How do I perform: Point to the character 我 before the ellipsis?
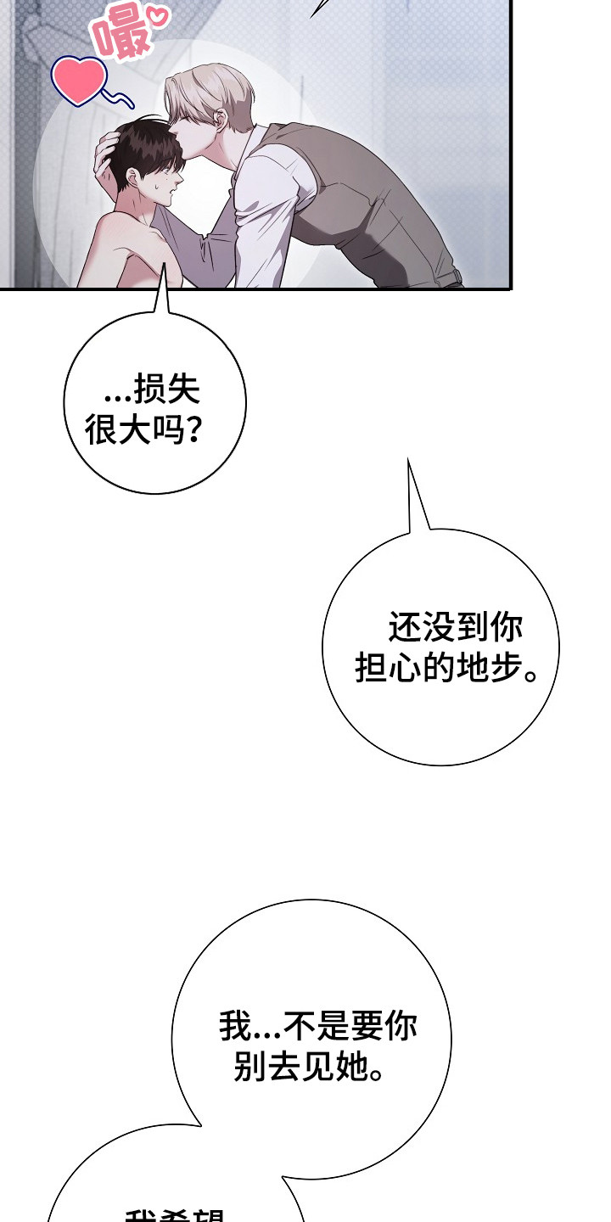click(x=234, y=1027)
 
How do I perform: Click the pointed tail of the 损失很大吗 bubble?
click(x=161, y=297)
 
